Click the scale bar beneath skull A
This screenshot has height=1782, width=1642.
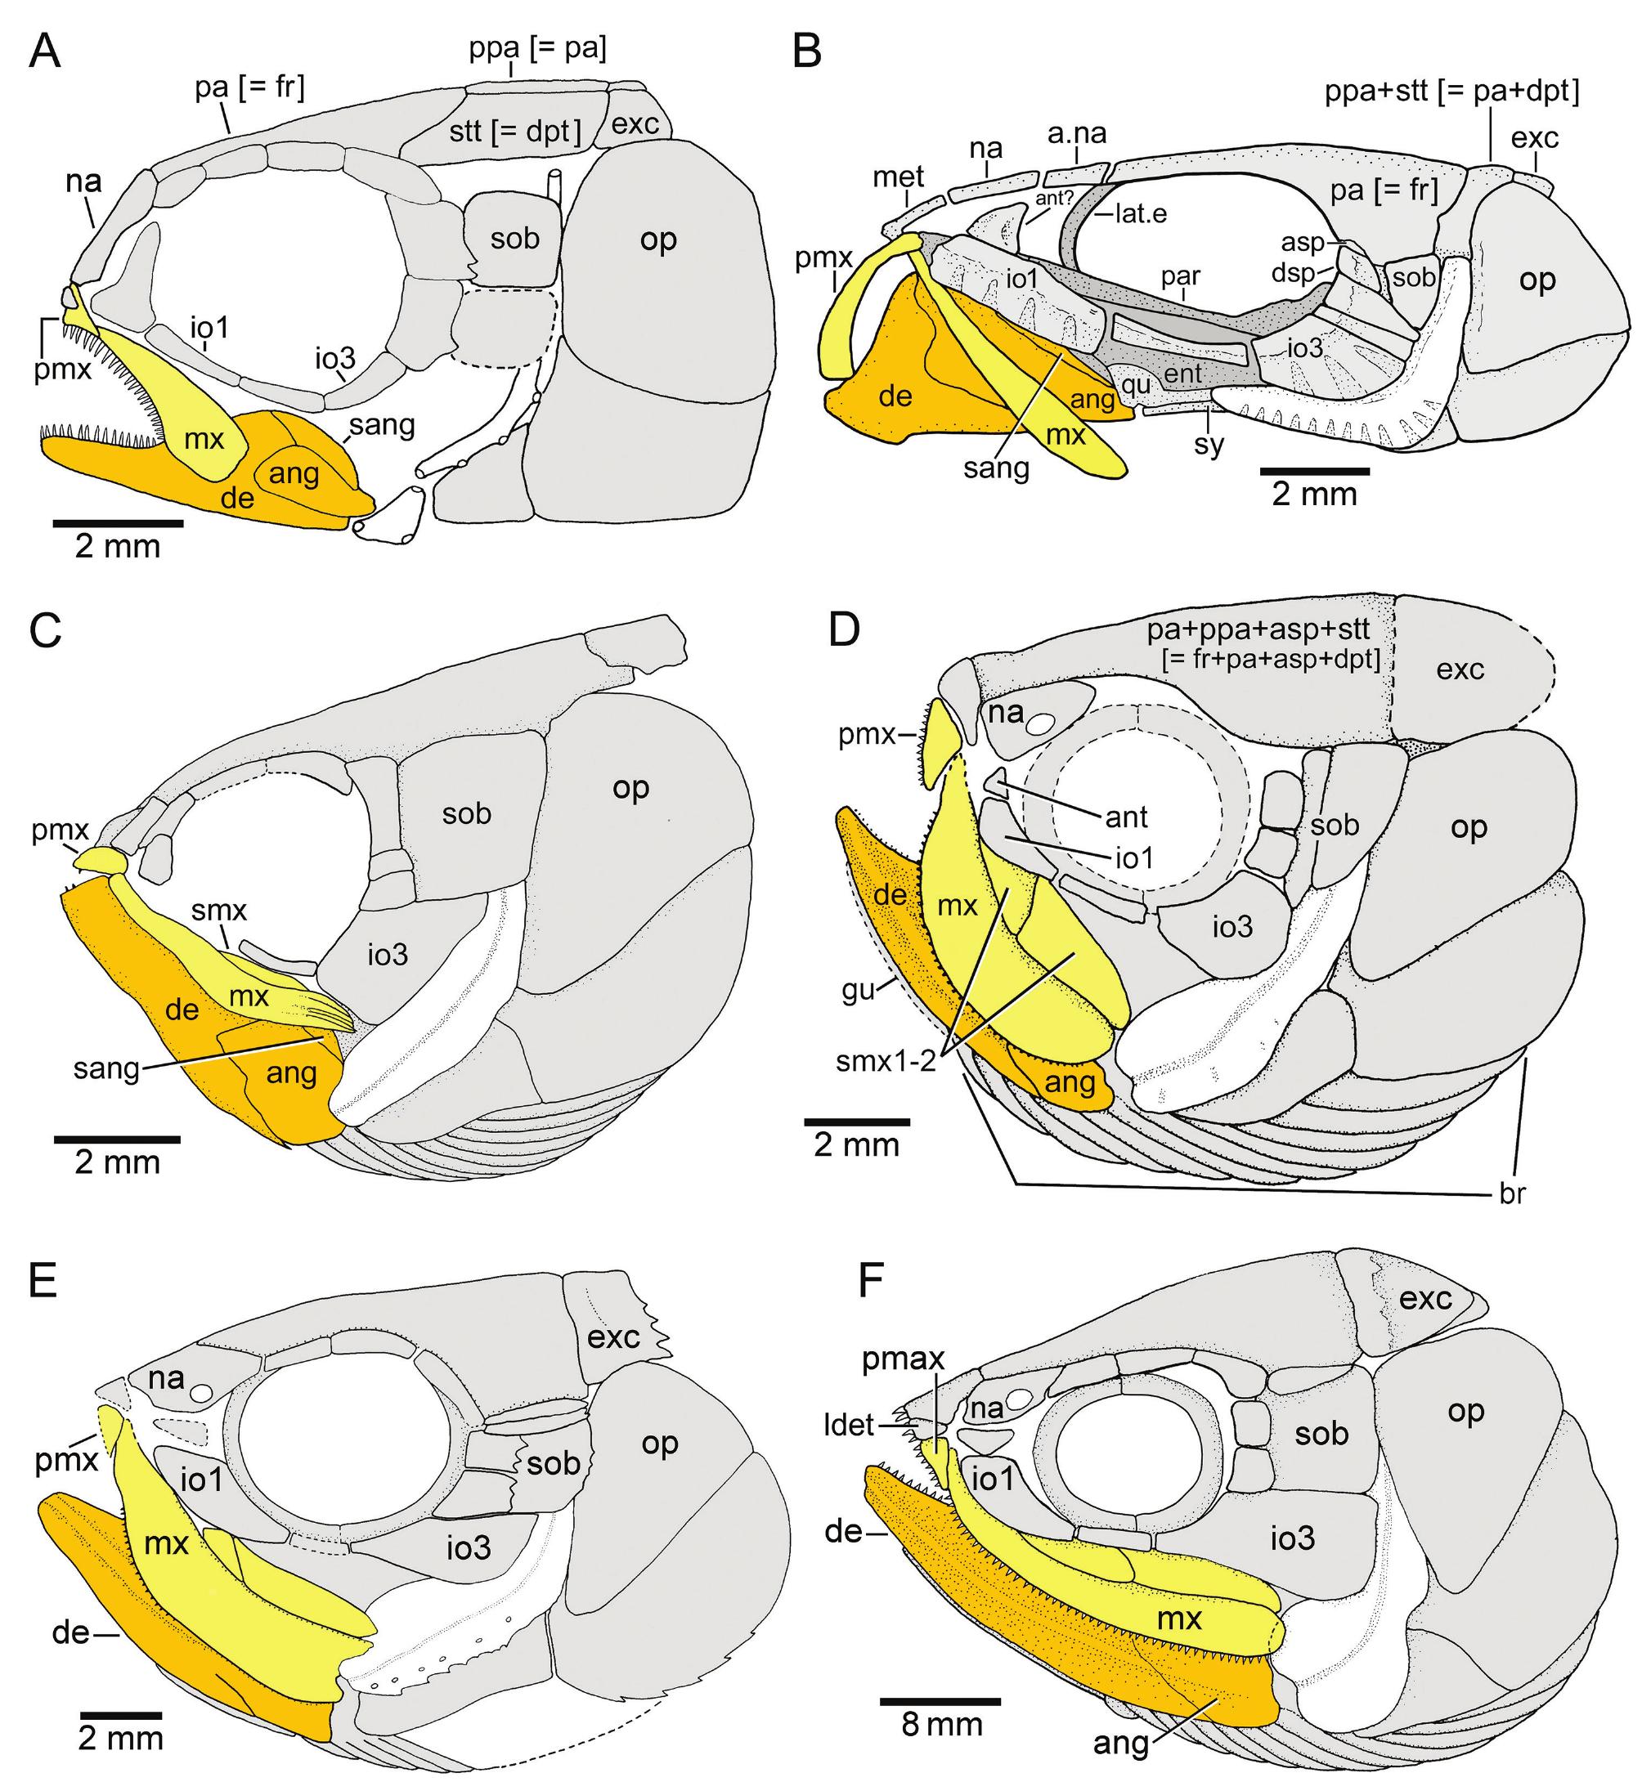pos(119,524)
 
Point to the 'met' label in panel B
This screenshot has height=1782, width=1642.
pos(899,177)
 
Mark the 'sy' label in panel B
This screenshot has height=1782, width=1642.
pos(1209,443)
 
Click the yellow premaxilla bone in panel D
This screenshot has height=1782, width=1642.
pos(941,747)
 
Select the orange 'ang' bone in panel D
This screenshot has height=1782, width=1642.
pos(1070,1082)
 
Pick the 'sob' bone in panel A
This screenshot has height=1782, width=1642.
pos(514,238)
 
